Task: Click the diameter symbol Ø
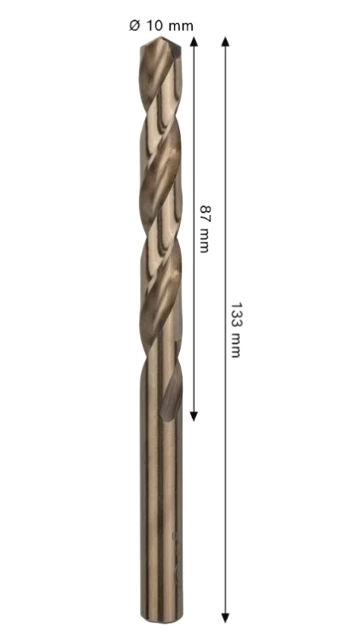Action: point(135,26)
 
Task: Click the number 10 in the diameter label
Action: point(154,26)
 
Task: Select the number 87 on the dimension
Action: point(205,212)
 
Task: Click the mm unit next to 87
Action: point(204,241)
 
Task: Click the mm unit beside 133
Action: point(236,346)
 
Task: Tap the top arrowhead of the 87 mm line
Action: point(194,41)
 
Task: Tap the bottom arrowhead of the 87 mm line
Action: point(194,416)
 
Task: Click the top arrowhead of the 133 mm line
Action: point(225,41)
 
